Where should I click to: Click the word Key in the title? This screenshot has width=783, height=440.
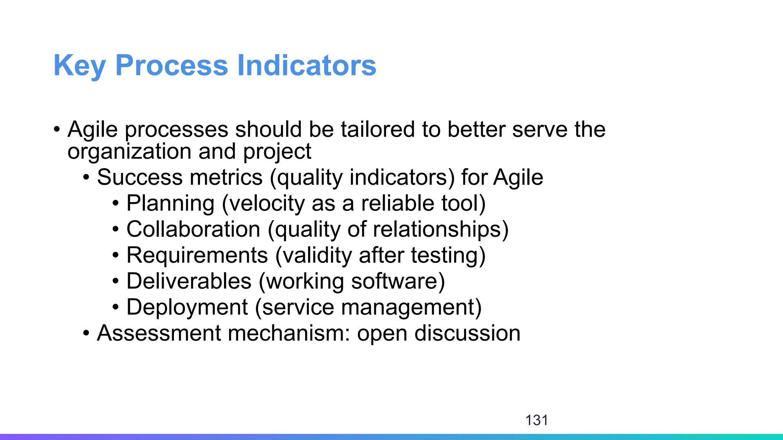(80, 66)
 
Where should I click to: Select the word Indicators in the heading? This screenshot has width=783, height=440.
(307, 66)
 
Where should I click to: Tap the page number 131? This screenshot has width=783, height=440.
(536, 420)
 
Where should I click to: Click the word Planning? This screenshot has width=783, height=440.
(170, 204)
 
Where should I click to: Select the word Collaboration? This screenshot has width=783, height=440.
(193, 230)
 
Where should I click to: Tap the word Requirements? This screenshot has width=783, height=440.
(197, 256)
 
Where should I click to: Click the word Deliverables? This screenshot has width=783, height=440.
(189, 281)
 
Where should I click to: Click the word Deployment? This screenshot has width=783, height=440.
(187, 307)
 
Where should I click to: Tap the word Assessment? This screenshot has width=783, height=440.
(159, 333)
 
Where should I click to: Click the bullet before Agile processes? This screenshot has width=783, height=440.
(57, 129)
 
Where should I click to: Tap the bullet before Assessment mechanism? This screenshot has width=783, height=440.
(86, 333)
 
